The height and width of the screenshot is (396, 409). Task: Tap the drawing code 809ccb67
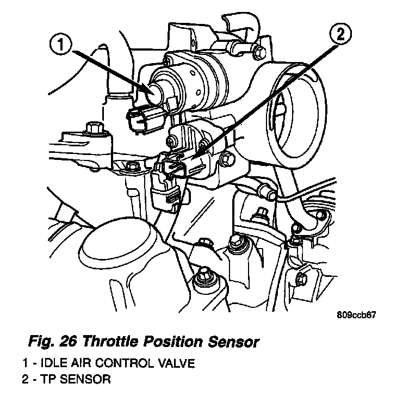point(356,315)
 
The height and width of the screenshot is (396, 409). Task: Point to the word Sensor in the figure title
point(228,343)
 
